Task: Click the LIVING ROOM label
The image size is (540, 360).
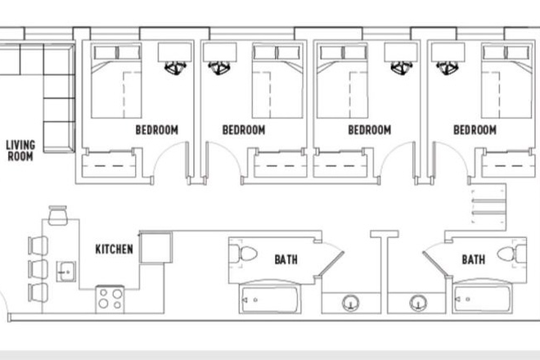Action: coord(20,151)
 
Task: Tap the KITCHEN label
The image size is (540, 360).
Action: coord(114,250)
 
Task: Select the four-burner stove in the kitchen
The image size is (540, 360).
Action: coord(110,298)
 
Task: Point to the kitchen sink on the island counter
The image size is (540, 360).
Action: coord(66,269)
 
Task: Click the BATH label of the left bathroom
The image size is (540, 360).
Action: coord(286,260)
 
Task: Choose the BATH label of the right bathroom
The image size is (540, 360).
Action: coord(474,260)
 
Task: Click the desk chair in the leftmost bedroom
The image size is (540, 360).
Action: coord(174,70)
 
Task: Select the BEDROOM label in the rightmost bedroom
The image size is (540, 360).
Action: coord(475,130)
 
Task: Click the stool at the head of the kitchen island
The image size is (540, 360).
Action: coord(57,215)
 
